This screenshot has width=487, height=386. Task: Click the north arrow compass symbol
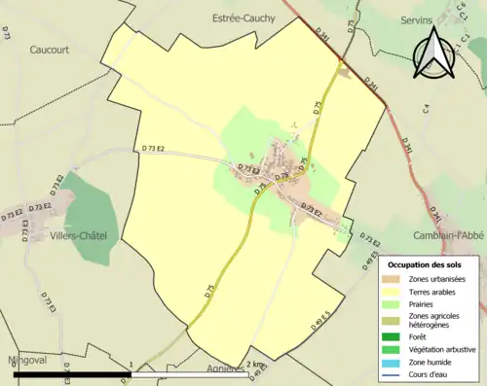[x=434, y=53]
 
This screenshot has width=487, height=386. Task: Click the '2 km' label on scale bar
[x=255, y=364]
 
